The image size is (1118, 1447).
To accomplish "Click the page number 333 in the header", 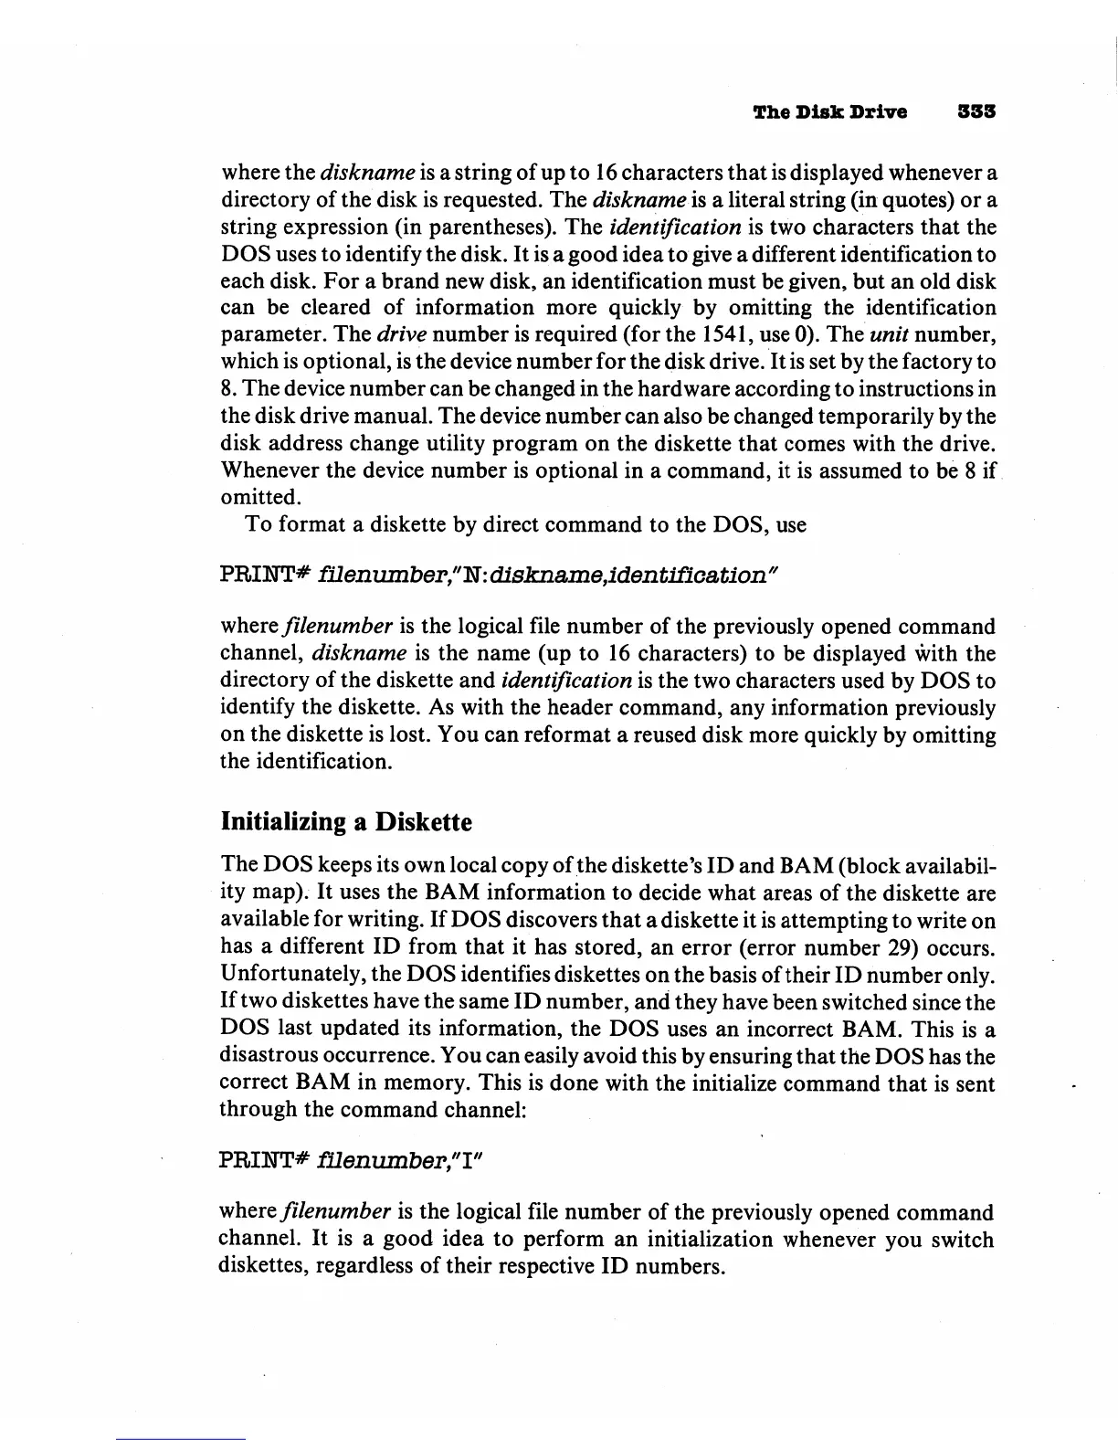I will pyautogui.click(x=975, y=112).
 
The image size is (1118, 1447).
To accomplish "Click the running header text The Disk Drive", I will pyautogui.click(x=829, y=112).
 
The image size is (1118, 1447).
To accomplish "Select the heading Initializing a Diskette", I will pyautogui.click(x=346, y=822).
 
